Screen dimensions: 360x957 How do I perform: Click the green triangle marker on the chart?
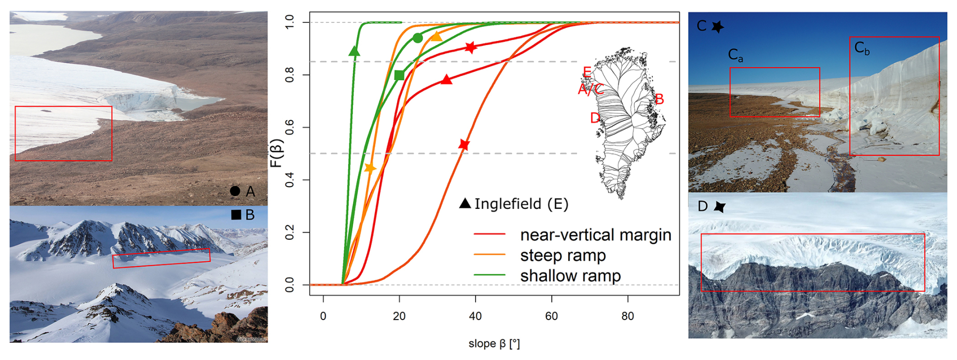[x=354, y=51]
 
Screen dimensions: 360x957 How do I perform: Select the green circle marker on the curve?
[x=417, y=38]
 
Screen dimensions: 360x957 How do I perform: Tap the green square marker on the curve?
[x=399, y=75]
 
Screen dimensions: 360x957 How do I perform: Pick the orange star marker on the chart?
[x=370, y=168]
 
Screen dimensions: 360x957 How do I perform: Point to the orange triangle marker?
[x=436, y=36]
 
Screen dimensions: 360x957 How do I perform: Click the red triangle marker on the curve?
[x=446, y=79]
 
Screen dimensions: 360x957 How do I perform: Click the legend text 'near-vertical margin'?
[x=595, y=235]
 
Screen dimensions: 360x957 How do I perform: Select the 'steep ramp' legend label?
[x=562, y=255]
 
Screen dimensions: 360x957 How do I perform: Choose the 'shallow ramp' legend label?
[x=570, y=276]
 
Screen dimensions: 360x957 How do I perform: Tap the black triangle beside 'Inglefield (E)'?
[x=465, y=203]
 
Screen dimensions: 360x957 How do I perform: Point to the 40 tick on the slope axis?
[x=475, y=316]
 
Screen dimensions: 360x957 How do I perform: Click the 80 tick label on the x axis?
[x=627, y=316]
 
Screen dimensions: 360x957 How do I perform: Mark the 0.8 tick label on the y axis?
[x=289, y=75]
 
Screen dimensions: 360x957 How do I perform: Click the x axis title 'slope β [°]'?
[x=494, y=344]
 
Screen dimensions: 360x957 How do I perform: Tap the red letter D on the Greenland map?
[x=595, y=118]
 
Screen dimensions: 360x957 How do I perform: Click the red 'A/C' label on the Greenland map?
[x=590, y=89]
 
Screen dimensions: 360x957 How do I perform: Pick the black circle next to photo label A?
[x=235, y=191]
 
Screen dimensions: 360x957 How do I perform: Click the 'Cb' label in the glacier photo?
[x=861, y=48]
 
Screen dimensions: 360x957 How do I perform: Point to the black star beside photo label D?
[x=719, y=206]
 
